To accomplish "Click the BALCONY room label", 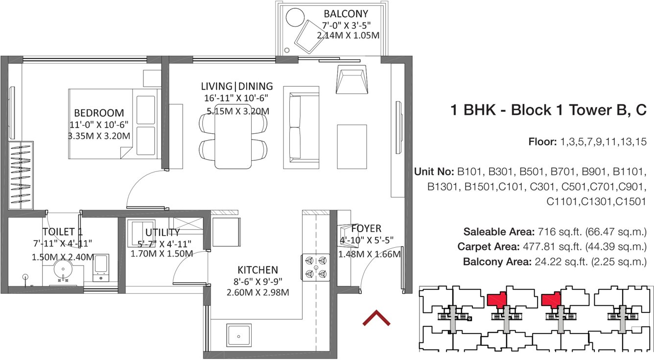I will point(346,14).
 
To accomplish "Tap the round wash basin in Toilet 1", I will point(62,269).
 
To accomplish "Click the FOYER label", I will point(366,229).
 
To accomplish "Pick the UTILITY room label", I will point(162,233).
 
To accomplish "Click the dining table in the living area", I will point(234,136).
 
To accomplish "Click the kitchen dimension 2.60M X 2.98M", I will point(257,293).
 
